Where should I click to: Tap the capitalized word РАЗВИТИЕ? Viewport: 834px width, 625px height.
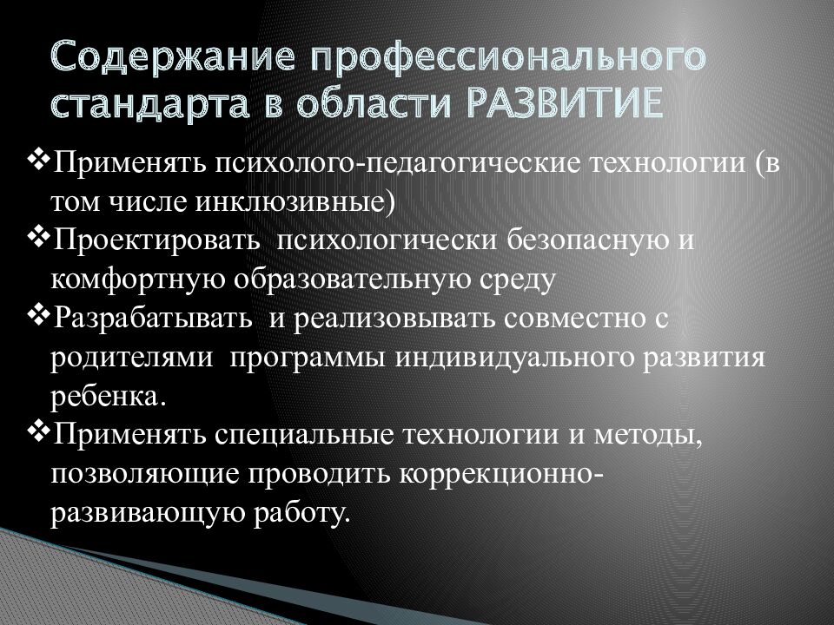pyautogui.click(x=566, y=103)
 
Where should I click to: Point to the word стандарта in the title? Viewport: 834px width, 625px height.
pyautogui.click(x=149, y=104)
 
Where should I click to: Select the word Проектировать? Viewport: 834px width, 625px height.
pyautogui.click(x=156, y=240)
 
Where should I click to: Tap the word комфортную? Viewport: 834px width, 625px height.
pyautogui.click(x=137, y=280)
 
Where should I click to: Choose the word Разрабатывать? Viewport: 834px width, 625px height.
pyautogui.click(x=152, y=319)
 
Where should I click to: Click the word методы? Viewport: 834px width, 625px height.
pyautogui.click(x=648, y=436)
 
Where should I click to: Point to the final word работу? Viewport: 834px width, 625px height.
pyautogui.click(x=302, y=513)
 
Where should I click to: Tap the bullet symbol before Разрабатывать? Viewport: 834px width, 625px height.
pyautogui.click(x=38, y=317)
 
